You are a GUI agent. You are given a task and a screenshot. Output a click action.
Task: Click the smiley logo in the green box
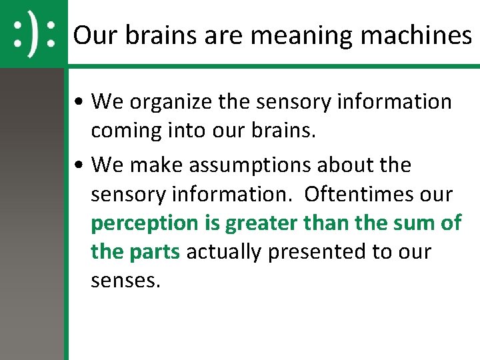point(34,34)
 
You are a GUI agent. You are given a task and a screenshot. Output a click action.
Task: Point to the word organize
point(167,102)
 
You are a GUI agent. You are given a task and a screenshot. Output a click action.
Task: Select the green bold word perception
point(145,223)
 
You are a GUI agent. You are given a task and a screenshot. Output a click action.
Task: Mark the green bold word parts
point(155,252)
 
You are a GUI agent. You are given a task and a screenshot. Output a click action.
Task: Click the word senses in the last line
point(125,281)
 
